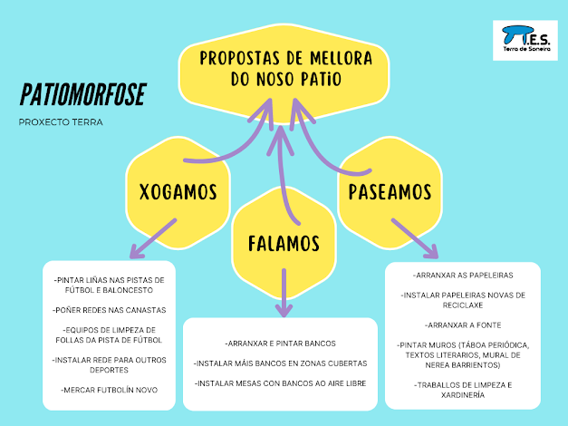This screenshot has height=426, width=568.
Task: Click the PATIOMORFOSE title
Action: [82, 95]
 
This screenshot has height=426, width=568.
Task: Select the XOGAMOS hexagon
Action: [178, 191]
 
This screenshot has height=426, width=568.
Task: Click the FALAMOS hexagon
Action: [284, 244]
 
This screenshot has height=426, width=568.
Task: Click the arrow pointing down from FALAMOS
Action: [284, 295]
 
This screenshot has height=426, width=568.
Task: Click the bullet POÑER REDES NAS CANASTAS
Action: [109, 309]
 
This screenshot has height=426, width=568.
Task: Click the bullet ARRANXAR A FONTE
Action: [463, 324]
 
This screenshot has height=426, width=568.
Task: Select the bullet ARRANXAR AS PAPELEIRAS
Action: [463, 274]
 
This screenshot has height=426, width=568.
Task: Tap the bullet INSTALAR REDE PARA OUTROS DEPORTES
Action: [109, 364]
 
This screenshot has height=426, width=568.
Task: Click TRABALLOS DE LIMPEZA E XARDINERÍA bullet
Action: [463, 391]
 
